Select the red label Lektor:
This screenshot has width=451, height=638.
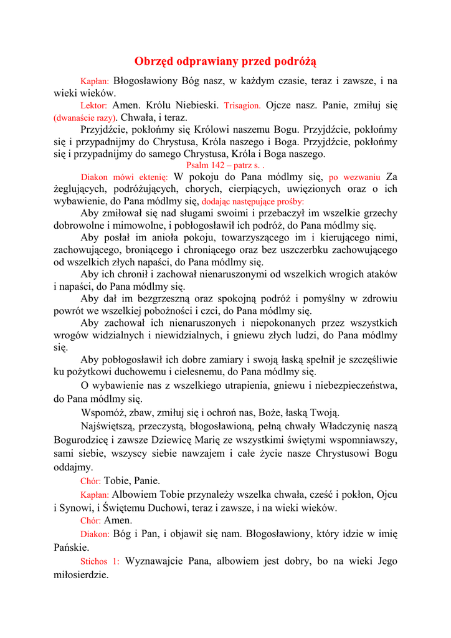94,106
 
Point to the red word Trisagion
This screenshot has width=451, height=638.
242,106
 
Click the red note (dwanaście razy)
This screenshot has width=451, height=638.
85,118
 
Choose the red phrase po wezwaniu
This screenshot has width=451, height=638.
354,177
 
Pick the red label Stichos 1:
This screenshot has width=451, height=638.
100,561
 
